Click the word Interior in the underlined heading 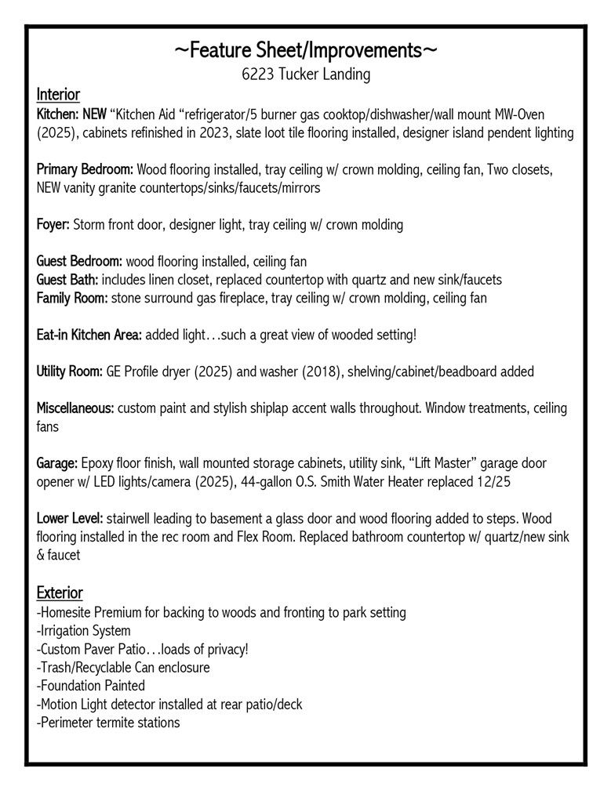coord(58,95)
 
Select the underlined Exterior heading coord(60,592)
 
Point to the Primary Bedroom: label coord(85,169)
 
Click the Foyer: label coord(53,225)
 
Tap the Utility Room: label coord(70,371)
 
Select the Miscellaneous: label coord(75,408)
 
